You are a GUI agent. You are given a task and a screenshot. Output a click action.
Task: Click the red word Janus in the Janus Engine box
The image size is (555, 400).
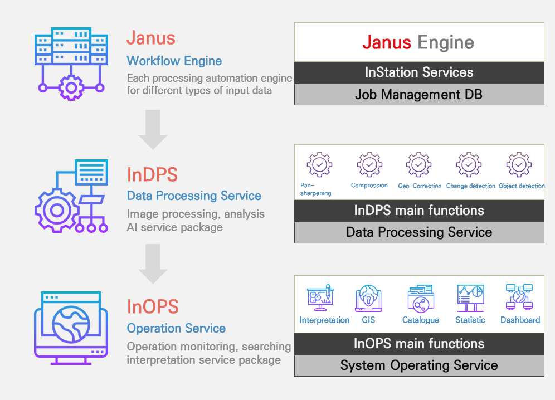(387, 42)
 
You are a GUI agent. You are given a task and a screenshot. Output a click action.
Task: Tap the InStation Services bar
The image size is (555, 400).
(419, 73)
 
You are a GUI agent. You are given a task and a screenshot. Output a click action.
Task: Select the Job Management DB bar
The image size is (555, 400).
(419, 95)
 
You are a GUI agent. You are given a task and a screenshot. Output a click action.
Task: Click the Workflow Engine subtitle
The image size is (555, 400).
(174, 61)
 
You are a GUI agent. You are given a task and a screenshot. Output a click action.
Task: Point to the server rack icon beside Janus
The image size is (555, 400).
(71, 64)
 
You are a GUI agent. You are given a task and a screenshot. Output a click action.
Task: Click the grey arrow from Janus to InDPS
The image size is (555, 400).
(153, 129)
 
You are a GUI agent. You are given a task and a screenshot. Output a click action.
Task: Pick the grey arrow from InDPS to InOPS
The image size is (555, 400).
(153, 264)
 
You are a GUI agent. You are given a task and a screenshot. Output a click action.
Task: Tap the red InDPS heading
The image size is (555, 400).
(152, 174)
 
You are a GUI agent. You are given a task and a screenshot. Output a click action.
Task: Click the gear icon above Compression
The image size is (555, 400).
(369, 164)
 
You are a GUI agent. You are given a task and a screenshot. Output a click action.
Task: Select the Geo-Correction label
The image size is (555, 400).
(420, 186)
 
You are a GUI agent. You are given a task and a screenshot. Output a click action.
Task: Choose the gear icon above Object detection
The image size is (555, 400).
(519, 164)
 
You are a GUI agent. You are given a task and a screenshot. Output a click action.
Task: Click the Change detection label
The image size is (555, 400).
(470, 186)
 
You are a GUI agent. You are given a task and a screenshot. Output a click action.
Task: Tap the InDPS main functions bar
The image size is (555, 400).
(419, 211)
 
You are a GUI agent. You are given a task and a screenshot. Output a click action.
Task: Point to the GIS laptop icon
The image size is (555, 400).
(368, 298)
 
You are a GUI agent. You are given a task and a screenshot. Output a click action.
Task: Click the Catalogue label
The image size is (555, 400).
(421, 320)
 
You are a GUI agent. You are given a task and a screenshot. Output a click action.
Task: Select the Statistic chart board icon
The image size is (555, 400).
(470, 298)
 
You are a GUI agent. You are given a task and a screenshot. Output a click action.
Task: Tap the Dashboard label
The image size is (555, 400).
(520, 320)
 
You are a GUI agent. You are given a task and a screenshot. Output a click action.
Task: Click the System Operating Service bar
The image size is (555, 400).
(419, 365)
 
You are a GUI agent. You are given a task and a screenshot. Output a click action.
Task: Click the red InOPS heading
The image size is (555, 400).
(153, 306)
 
